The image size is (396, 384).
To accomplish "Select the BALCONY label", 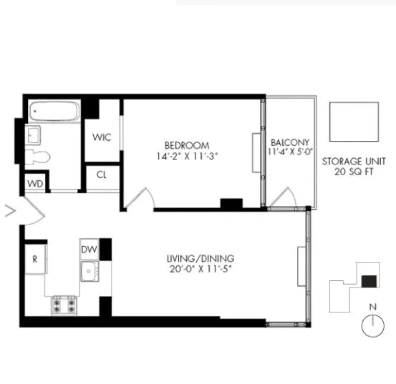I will (x=290, y=142).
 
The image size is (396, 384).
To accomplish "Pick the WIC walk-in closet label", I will (x=101, y=137).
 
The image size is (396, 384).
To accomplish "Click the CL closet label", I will (x=102, y=174).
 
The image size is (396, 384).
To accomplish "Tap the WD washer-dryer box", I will (x=35, y=183).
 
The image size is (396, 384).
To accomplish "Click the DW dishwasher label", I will (x=89, y=249).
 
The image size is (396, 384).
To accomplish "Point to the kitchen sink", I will (x=90, y=271).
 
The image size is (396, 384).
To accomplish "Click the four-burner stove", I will (x=64, y=305).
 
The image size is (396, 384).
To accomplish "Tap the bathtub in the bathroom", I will (x=54, y=112).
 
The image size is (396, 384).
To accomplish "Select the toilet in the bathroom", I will (x=38, y=157).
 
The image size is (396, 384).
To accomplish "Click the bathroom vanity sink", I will (x=33, y=134).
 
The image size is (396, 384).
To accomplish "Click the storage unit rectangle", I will (x=354, y=122).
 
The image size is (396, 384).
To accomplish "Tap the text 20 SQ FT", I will (x=354, y=172).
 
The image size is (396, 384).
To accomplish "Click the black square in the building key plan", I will (x=370, y=281).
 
